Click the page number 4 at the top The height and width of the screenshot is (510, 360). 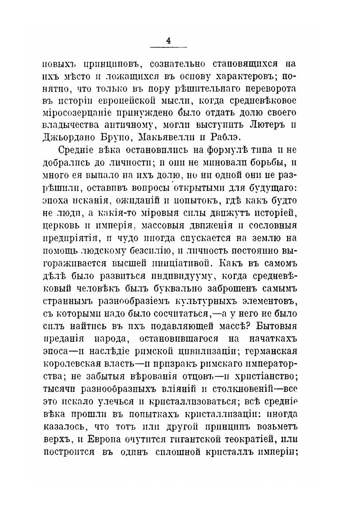tap(168, 41)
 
